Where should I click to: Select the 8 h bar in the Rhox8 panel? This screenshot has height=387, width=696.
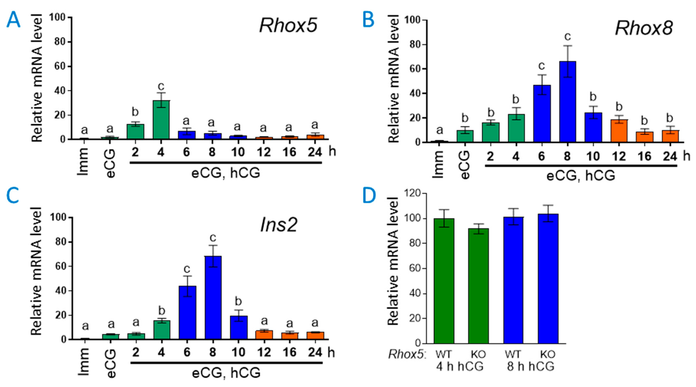(567, 102)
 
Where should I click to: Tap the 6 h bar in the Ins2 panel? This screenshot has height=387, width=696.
(187, 312)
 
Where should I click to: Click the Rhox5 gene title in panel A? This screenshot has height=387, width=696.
(288, 26)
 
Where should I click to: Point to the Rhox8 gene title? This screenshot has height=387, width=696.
(644, 28)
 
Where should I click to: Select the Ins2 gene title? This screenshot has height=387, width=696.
(279, 225)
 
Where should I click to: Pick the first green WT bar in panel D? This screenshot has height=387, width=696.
(444, 281)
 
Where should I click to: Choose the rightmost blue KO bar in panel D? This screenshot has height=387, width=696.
(548, 279)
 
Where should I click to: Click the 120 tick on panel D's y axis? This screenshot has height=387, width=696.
(413, 194)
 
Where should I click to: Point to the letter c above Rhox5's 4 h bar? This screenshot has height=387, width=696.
(161, 86)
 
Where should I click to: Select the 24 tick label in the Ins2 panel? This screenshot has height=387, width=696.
(315, 352)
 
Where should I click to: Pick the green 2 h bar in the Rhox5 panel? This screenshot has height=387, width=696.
(135, 132)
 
